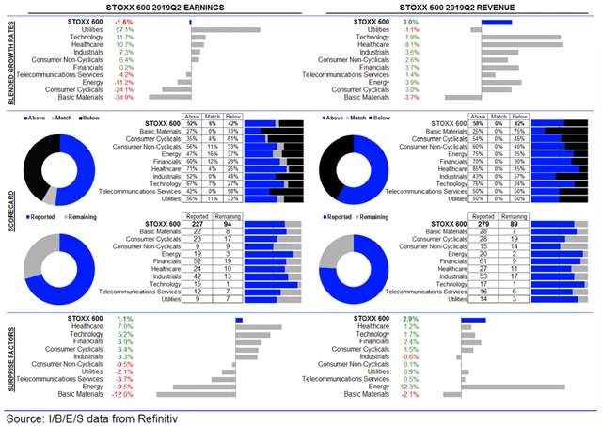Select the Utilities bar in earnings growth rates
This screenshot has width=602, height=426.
(225, 30)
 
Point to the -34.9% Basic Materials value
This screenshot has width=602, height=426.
(123, 97)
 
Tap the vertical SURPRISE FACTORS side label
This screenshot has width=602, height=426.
(8, 356)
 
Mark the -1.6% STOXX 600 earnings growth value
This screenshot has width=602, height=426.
(123, 21)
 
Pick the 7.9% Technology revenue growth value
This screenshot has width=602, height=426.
(410, 38)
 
